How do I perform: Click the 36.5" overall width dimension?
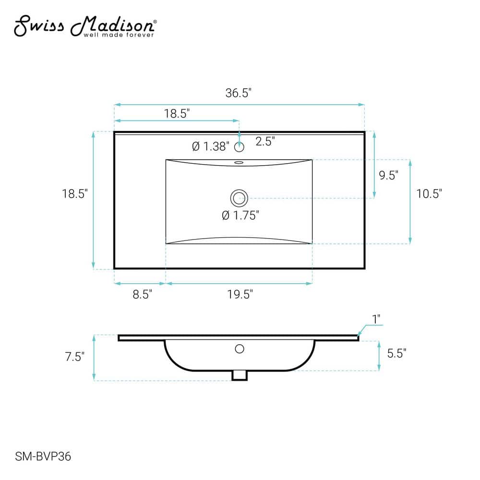[x=238, y=93]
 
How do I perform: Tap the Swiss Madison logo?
[x=85, y=26]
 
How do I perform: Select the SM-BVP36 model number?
[x=43, y=456]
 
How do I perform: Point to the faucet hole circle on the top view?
[x=239, y=147]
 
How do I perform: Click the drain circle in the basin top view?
[x=239, y=198]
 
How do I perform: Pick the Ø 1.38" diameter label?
[x=211, y=146]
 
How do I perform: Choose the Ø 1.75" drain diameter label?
[x=240, y=215]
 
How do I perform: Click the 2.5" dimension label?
[x=265, y=141]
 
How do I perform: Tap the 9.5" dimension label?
[x=388, y=175]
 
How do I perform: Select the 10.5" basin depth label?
[x=429, y=193]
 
